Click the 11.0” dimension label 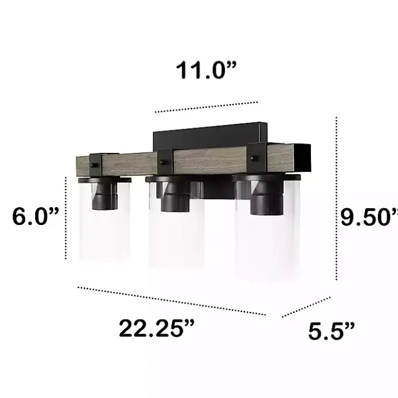click(206, 71)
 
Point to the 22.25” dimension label click(156, 329)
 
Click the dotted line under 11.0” click(206, 107)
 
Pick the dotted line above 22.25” click(171, 301)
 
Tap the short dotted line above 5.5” click(306, 307)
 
